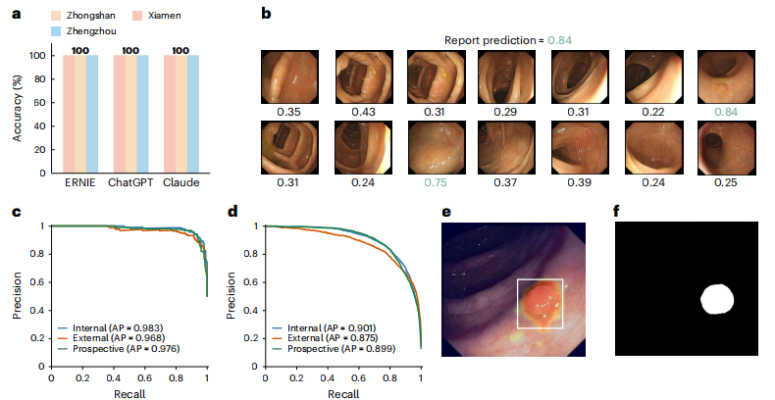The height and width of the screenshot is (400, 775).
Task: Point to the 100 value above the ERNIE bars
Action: pyautogui.click(x=80, y=49)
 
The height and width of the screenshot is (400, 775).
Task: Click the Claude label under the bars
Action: pyautogui.click(x=183, y=186)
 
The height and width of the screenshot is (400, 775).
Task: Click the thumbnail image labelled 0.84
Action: pyautogui.click(x=717, y=75)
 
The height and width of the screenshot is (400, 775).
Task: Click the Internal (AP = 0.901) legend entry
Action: pyautogui.click(x=319, y=327)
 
